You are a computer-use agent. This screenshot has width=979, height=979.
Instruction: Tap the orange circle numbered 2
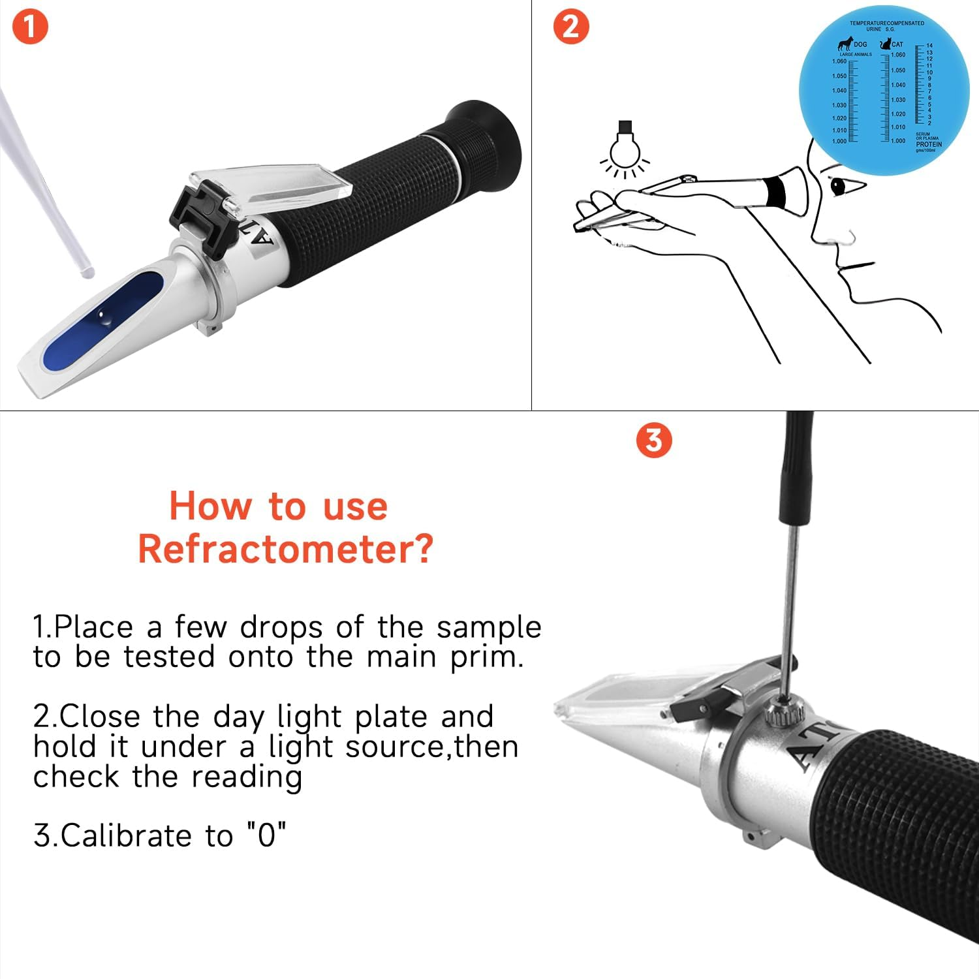point(570,27)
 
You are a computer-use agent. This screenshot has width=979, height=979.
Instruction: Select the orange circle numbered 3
point(653,441)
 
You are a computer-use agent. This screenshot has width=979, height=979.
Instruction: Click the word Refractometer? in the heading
point(285,549)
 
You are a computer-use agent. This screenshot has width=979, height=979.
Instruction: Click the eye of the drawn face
point(838,187)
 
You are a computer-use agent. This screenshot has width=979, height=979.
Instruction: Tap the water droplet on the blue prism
point(104,317)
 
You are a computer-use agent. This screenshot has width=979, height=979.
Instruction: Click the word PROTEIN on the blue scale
point(928,144)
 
